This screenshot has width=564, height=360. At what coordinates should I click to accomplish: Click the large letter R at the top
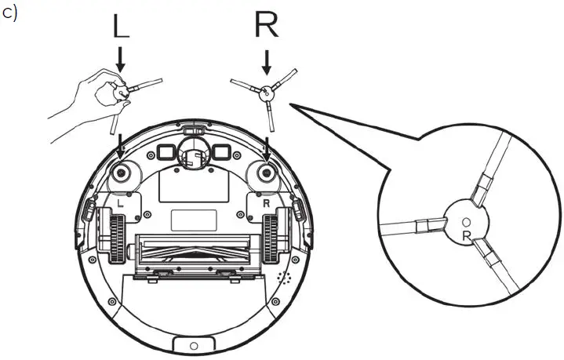pyautogui.click(x=266, y=26)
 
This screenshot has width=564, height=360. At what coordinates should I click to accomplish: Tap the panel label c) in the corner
pyautogui.click(x=10, y=16)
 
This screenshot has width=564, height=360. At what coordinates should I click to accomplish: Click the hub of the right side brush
pyautogui.click(x=267, y=92)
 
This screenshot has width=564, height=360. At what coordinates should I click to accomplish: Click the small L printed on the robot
pyautogui.click(x=119, y=202)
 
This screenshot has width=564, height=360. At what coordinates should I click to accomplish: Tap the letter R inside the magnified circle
pyautogui.click(x=467, y=235)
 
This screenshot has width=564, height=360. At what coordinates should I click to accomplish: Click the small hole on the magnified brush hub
pyautogui.click(x=463, y=222)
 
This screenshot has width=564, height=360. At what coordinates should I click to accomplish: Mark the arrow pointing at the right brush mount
pyautogui.click(x=267, y=146)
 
